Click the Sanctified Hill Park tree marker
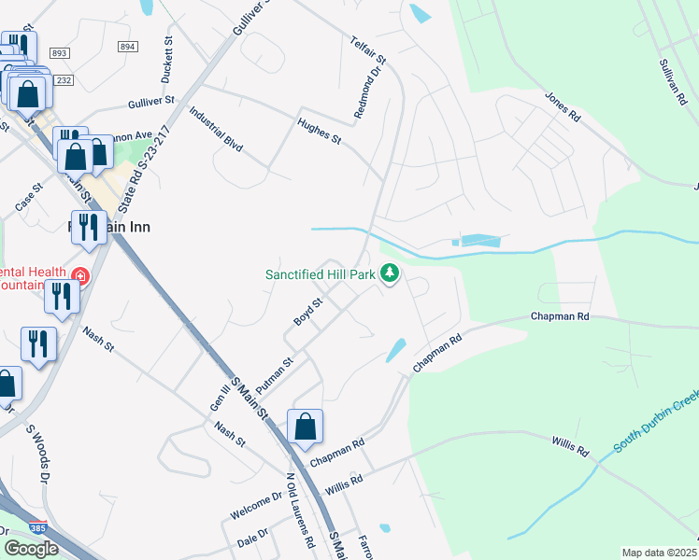(391, 274)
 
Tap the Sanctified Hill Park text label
(320, 274)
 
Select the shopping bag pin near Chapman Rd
(306, 428)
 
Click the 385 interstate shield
(37, 527)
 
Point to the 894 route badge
(128, 46)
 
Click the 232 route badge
(64, 81)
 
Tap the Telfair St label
(368, 51)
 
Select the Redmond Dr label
(370, 91)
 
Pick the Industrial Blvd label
(216, 130)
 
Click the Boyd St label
(307, 311)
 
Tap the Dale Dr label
(252, 536)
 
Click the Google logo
(32, 548)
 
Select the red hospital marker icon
(80, 276)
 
